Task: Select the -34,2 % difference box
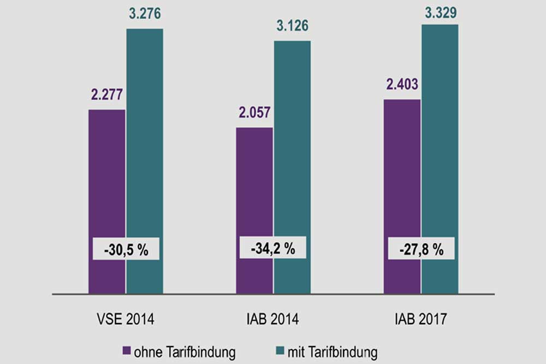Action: click(x=273, y=248)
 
